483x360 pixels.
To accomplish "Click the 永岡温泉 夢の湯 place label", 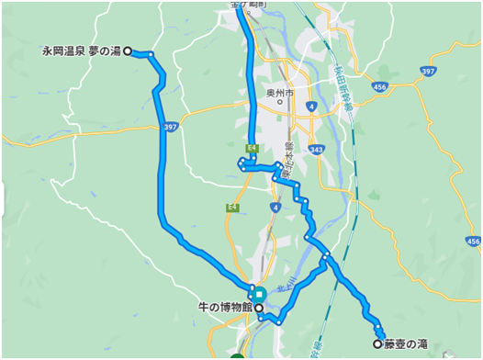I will click(81, 51).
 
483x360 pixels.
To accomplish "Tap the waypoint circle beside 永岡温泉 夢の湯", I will click(128, 51).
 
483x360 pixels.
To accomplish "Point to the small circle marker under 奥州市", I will click(280, 103).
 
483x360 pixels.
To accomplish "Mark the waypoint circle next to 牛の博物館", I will click(258, 308).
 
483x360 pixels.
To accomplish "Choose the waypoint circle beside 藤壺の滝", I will click(376, 343).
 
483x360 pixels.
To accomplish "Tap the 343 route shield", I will click(317, 149).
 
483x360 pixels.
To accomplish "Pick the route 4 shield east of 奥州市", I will click(312, 107).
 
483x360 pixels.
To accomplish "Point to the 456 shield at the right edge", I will click(472, 241).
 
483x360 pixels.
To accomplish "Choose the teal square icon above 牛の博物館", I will click(261, 294).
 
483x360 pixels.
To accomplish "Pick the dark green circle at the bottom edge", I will click(238, 356).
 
